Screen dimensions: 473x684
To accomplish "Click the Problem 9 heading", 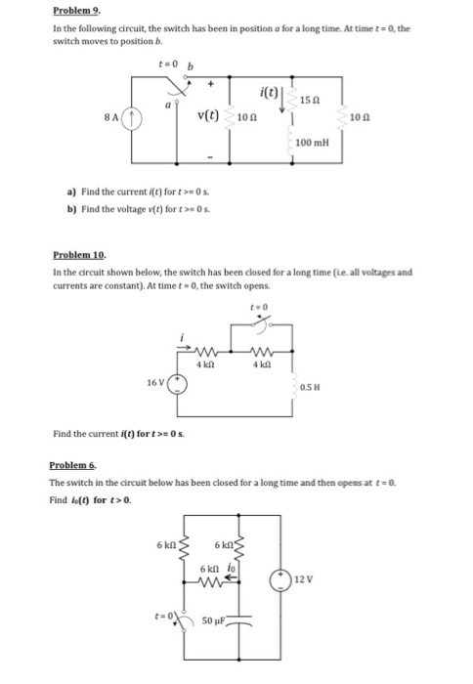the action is point(76,10).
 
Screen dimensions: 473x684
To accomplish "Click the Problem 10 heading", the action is point(79,254).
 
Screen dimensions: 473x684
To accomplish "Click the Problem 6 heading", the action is point(73,465).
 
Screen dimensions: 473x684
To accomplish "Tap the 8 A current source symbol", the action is point(132,119).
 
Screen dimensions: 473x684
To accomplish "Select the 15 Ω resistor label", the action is point(310,100).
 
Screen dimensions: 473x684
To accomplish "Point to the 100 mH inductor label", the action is point(313,143).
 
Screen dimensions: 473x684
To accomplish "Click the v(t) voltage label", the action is point(208,115).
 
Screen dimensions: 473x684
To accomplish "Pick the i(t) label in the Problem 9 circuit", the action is point(269,92).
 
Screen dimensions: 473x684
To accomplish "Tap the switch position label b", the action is point(191,66).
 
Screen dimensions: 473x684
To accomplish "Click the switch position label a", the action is point(167,106).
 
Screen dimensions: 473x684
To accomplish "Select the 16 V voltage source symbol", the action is point(177,384).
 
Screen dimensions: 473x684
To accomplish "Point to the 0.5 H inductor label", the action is point(310,387).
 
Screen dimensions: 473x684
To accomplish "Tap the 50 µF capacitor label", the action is point(213,620).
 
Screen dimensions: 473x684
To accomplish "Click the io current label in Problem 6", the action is point(232,568).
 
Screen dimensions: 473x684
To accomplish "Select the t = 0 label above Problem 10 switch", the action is point(259,307).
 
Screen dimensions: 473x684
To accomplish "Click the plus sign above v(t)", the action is point(210,83).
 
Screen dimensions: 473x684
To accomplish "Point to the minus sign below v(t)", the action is point(210,157).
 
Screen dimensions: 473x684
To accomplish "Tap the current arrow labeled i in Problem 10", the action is point(184,348).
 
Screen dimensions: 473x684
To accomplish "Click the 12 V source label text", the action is point(304,579).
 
